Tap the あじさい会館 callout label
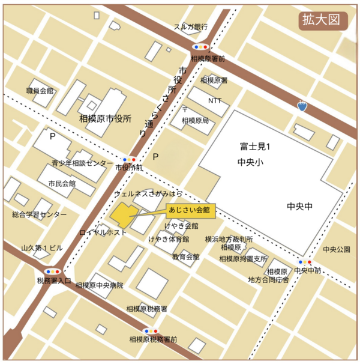click(x=189, y=210)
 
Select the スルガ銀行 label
click(x=190, y=27)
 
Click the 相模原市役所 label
click(x=105, y=118)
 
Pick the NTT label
click(x=214, y=100)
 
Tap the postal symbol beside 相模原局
click(x=185, y=110)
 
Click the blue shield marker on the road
click(x=302, y=106)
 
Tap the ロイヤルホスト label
click(x=103, y=232)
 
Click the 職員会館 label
click(x=40, y=91)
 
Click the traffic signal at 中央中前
click(x=305, y=262)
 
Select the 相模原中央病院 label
click(x=99, y=285)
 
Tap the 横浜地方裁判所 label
click(x=233, y=238)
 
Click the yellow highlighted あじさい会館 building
click(x=123, y=214)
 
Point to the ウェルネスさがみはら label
click(x=148, y=195)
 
